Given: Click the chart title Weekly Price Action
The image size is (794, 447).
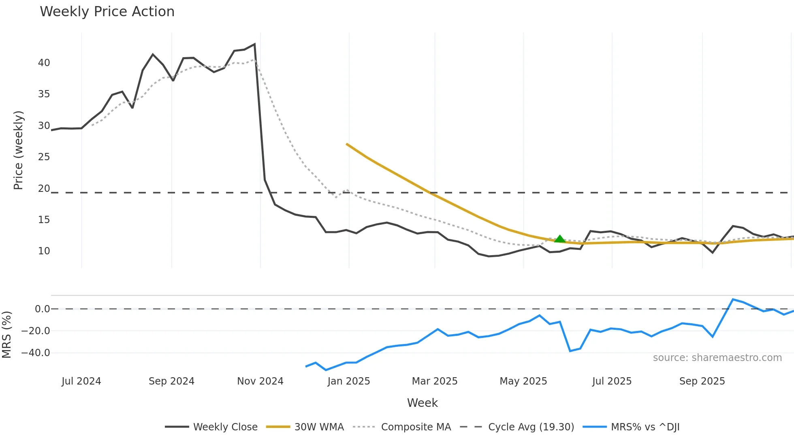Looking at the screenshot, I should tap(107, 12).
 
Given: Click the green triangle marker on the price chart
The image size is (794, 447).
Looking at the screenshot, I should tap(559, 239).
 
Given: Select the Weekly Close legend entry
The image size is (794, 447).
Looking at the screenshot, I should tap(225, 427).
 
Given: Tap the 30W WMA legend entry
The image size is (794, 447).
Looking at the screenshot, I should tap(319, 427).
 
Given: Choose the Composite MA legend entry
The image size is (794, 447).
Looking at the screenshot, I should tap(416, 427).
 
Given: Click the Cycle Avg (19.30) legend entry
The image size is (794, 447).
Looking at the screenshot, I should tap(531, 427).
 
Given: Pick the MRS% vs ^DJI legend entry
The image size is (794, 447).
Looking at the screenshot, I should tap(645, 427).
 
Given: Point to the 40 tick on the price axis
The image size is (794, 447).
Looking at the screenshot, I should tap(44, 63).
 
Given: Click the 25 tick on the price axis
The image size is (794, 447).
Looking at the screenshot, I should tap(44, 157).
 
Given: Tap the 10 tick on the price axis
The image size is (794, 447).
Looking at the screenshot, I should tap(44, 251).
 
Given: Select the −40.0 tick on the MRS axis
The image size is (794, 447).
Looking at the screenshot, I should tap(36, 353).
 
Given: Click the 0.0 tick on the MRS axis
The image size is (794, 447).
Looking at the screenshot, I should tap(42, 309).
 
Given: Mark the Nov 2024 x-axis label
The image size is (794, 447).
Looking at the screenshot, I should tap(260, 381).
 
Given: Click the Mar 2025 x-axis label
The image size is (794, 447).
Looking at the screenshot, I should tap(434, 381).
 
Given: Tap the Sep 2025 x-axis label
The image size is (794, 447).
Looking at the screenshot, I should tap(702, 381).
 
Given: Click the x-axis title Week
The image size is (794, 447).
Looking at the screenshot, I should tap(422, 403).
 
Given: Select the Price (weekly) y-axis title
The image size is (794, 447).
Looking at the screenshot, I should tap(18, 150).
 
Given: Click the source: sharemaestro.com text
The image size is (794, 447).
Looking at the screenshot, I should tap(717, 358).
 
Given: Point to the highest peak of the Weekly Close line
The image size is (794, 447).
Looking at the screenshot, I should tap(254, 44).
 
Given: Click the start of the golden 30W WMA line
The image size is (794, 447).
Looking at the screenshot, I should tap(347, 144).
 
